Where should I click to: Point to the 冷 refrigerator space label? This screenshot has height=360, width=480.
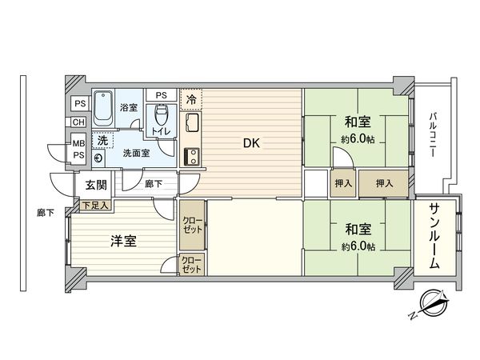click(191, 99)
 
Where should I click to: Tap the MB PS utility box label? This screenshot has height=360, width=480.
click(78, 150)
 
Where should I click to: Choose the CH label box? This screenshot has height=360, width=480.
click(78, 122)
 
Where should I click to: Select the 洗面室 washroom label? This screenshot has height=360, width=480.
click(134, 154)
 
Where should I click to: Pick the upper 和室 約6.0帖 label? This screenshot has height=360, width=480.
click(356, 129)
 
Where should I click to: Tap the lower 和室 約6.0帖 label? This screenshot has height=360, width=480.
click(356, 237)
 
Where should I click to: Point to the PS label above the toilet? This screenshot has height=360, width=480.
click(162, 94)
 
